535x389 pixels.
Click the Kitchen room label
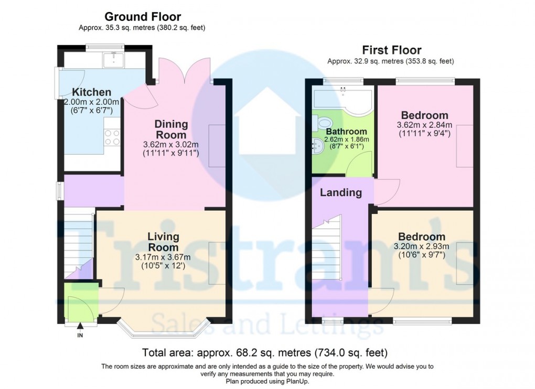pyautogui.click(x=92, y=92)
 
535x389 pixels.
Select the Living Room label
pyautogui.click(x=163, y=242)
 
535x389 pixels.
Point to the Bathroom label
pyautogui.click(x=346, y=131)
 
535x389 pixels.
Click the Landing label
pyautogui.click(x=341, y=192)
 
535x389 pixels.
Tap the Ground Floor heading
pyautogui.click(x=142, y=17)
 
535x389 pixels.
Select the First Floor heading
pyautogui.click(x=391, y=50)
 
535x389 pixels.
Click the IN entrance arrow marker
pyautogui.click(x=80, y=329)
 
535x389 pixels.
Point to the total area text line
pyautogui.click(x=265, y=352)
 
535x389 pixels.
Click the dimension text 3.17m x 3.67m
pyautogui.click(x=163, y=257)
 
